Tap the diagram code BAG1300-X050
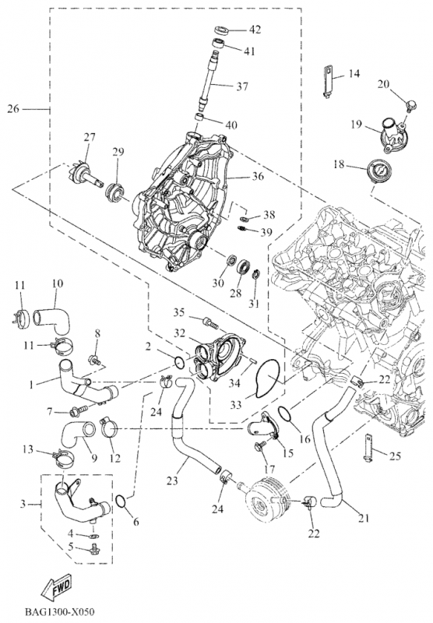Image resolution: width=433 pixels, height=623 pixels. [x=60, y=612]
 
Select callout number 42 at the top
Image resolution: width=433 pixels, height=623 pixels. [x=255, y=30]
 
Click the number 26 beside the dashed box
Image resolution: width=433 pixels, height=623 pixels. [x=14, y=108]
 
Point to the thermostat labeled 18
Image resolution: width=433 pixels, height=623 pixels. [x=380, y=171]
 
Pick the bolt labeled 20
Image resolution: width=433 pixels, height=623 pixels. [x=409, y=106]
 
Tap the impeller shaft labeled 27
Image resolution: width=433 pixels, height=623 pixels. [x=86, y=174]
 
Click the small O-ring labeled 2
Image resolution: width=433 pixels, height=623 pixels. [x=180, y=362]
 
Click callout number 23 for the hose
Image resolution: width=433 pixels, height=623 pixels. [x=172, y=480]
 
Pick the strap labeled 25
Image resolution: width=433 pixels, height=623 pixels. [x=368, y=449]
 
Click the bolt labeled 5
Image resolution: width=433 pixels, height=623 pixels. [x=95, y=550]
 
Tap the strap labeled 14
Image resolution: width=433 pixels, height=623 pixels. [x=326, y=82]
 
